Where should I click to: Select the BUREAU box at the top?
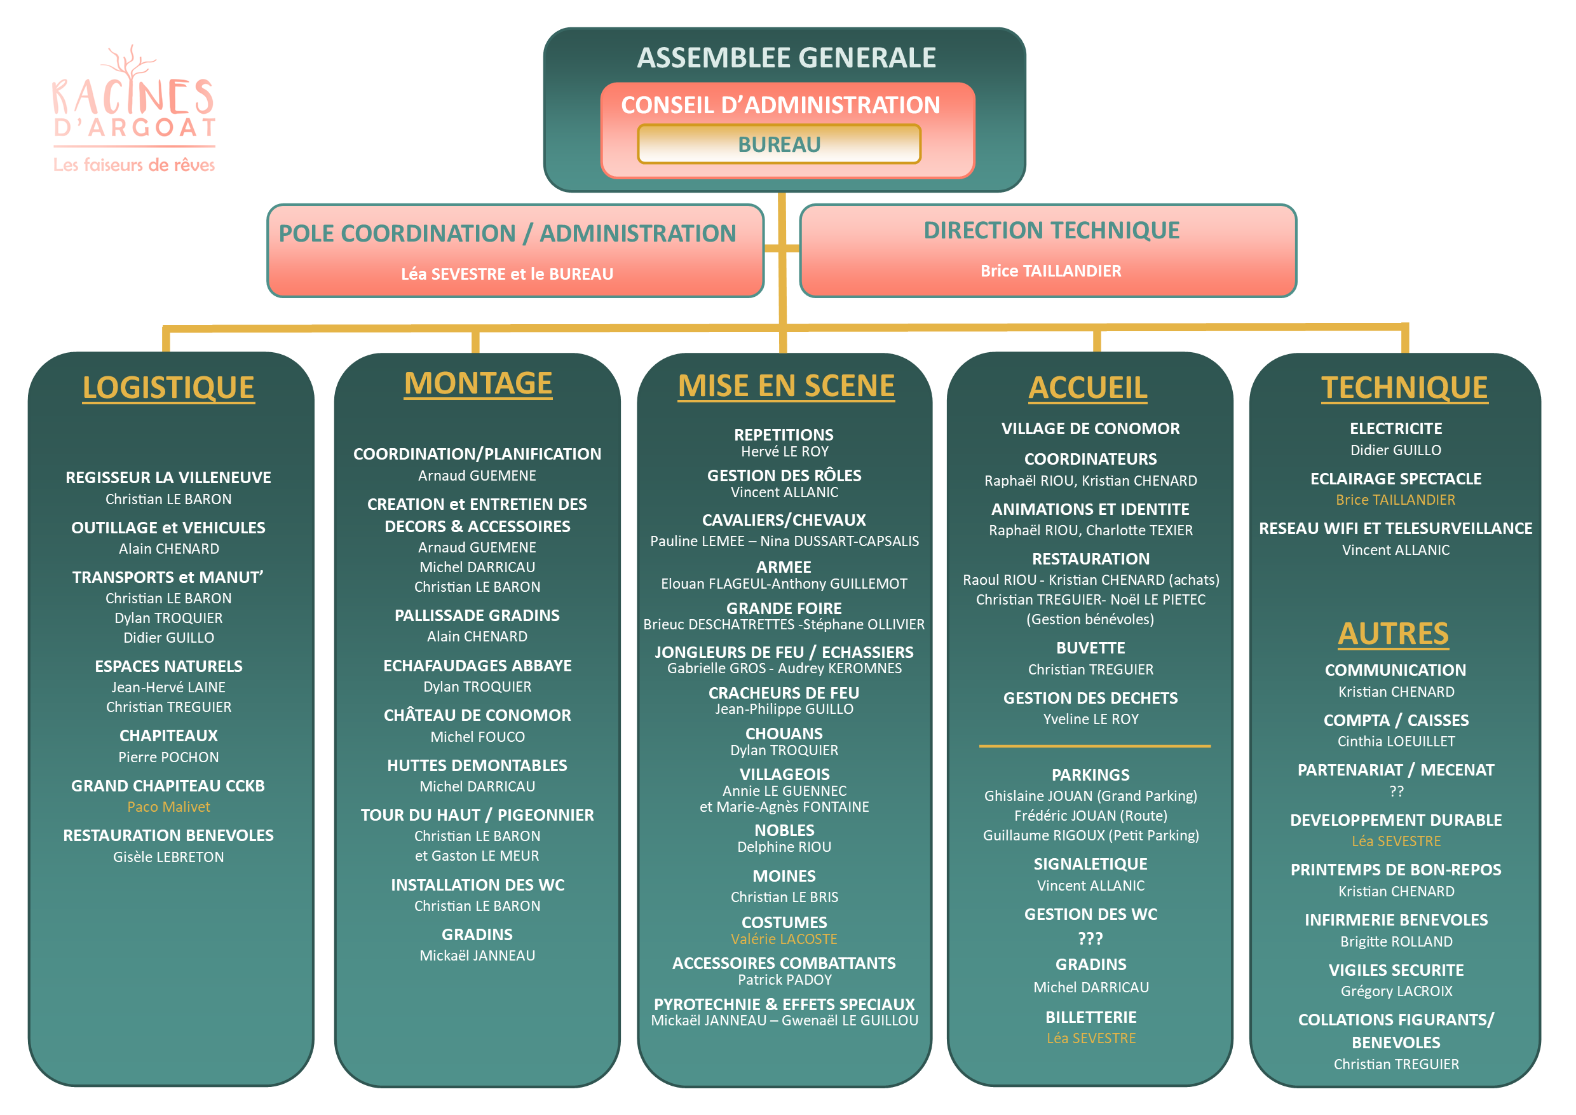[779, 144]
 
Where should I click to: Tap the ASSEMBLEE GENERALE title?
[787, 58]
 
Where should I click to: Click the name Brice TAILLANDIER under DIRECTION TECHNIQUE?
[1051, 271]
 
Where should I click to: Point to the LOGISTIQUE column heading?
[168, 388]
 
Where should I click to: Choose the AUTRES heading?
[1394, 634]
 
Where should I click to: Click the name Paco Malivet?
[168, 807]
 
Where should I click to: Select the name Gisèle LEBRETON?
[168, 857]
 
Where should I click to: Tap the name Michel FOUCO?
[478, 737]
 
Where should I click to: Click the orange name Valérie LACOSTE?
[784, 940]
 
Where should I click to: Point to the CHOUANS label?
[784, 734]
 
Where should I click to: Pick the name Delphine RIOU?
[784, 847]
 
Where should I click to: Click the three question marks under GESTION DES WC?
[1090, 938]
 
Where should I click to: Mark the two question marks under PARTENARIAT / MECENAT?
[1396, 791]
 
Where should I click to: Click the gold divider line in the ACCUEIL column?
[1095, 746]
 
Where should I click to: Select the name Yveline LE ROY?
[1090, 720]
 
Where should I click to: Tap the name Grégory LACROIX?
[1396, 992]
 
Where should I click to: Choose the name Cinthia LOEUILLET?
[1396, 741]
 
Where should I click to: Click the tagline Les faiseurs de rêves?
[135, 165]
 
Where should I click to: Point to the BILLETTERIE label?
[1090, 1018]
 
